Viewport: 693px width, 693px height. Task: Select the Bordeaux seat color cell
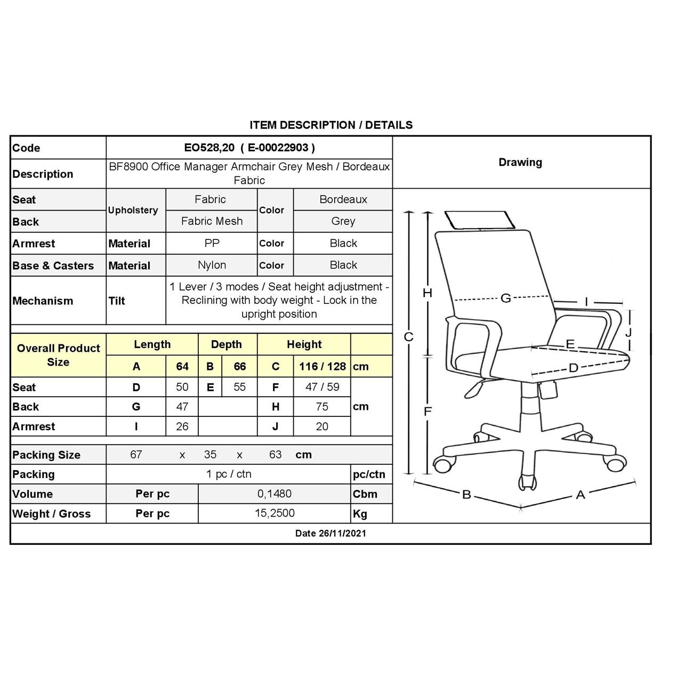[343, 199]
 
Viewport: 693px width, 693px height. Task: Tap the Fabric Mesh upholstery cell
[212, 221]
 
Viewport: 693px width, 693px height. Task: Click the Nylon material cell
[212, 265]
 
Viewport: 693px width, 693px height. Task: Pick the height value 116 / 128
[322, 366]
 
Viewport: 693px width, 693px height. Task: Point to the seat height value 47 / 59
[322, 387]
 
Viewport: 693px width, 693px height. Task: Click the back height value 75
[322, 407]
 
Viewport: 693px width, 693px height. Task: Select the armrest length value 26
[182, 426]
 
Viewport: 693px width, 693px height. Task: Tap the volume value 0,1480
[275, 494]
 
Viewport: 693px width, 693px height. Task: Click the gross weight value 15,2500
[275, 513]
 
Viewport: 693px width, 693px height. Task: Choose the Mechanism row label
[43, 301]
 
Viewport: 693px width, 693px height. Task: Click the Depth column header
[227, 344]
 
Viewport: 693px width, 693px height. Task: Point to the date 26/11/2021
[331, 533]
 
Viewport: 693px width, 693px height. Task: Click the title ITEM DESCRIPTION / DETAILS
[331, 125]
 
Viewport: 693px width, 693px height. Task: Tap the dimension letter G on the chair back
[505, 298]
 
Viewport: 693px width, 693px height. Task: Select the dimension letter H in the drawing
[427, 293]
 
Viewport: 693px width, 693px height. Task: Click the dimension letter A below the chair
[581, 495]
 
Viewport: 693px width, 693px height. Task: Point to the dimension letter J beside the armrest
[628, 332]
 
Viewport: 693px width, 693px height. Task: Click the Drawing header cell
[520, 163]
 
